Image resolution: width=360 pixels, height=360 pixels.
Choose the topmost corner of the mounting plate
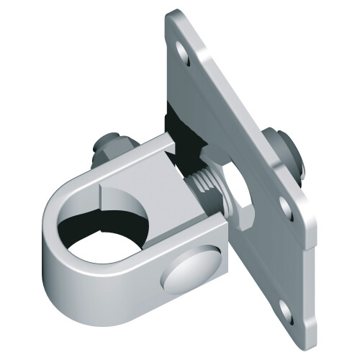(171, 13)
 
